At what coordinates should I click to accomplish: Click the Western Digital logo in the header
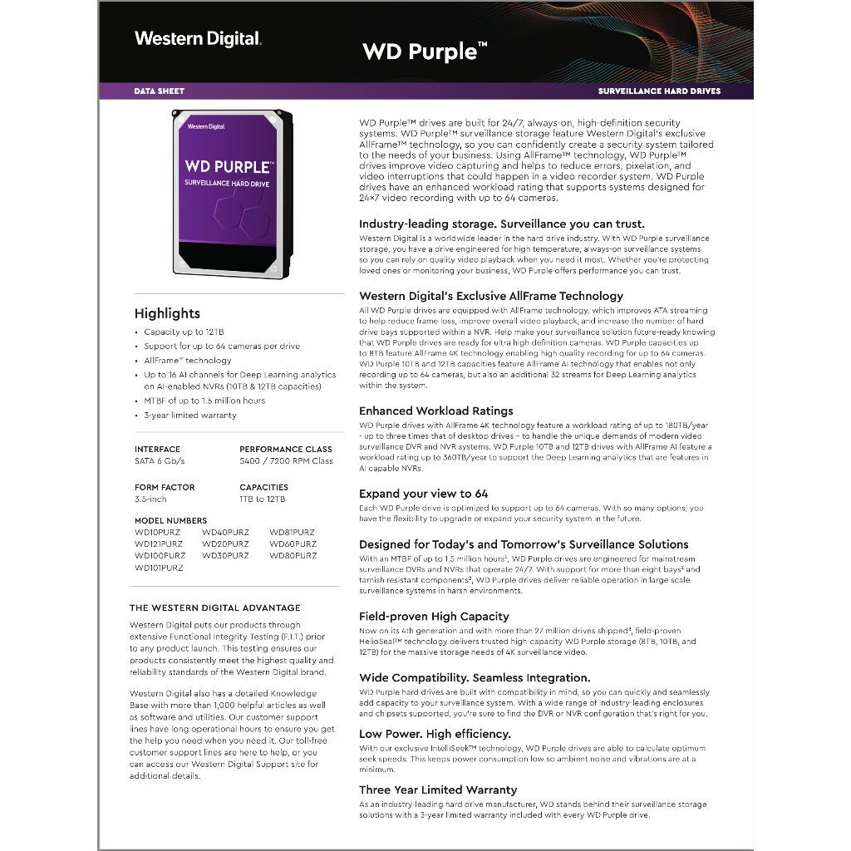[198, 38]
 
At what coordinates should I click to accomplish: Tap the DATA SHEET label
[159, 91]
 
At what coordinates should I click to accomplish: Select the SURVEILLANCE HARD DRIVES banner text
[659, 91]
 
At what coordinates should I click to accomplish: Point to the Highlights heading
[167, 313]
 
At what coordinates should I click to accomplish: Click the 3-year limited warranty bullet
[190, 415]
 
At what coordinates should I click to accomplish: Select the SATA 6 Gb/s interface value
[160, 461]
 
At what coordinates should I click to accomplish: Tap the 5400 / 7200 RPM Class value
[286, 461]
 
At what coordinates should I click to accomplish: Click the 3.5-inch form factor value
[150, 499]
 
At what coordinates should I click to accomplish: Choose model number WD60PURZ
[293, 544]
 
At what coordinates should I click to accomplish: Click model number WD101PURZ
[159, 568]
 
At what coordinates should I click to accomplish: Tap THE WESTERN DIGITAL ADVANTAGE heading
[215, 608]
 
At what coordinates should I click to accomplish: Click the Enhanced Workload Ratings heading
[436, 411]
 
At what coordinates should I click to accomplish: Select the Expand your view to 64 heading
[424, 494]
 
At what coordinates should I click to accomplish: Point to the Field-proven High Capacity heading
[434, 617]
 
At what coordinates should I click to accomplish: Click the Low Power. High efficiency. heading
[435, 734]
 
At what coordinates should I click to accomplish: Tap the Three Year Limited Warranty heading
[438, 790]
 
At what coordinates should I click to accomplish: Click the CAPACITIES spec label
[263, 487]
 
